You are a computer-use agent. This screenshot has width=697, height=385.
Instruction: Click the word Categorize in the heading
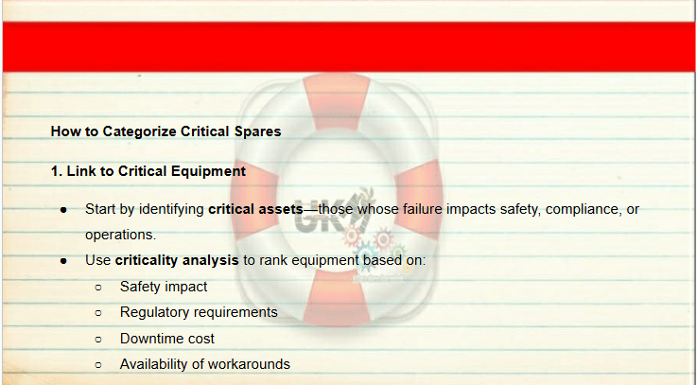[x=140, y=131]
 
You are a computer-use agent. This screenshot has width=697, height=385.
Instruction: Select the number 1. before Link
[x=57, y=171]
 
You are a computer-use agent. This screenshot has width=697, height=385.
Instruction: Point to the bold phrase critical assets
[x=255, y=209]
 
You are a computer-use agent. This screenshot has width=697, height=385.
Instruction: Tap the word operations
[x=120, y=235]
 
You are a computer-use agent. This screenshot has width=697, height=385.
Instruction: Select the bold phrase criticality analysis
[x=177, y=260]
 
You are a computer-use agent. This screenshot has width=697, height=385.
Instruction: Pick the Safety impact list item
[x=164, y=287]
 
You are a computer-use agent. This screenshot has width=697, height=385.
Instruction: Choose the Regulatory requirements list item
[x=199, y=312]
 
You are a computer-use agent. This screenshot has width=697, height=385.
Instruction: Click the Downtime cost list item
[x=167, y=339]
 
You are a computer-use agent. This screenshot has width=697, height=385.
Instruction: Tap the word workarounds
[x=249, y=364]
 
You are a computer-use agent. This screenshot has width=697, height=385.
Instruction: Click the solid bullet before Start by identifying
[x=63, y=210]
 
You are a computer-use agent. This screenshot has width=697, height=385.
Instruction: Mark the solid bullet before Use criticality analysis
[x=63, y=261]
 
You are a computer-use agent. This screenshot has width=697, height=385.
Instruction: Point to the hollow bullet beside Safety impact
[x=98, y=288]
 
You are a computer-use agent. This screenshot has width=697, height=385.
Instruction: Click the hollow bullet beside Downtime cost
[x=98, y=340]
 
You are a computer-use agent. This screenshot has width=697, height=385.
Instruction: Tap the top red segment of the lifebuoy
[x=336, y=100]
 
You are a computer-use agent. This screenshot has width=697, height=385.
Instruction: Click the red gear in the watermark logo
[x=383, y=237]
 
